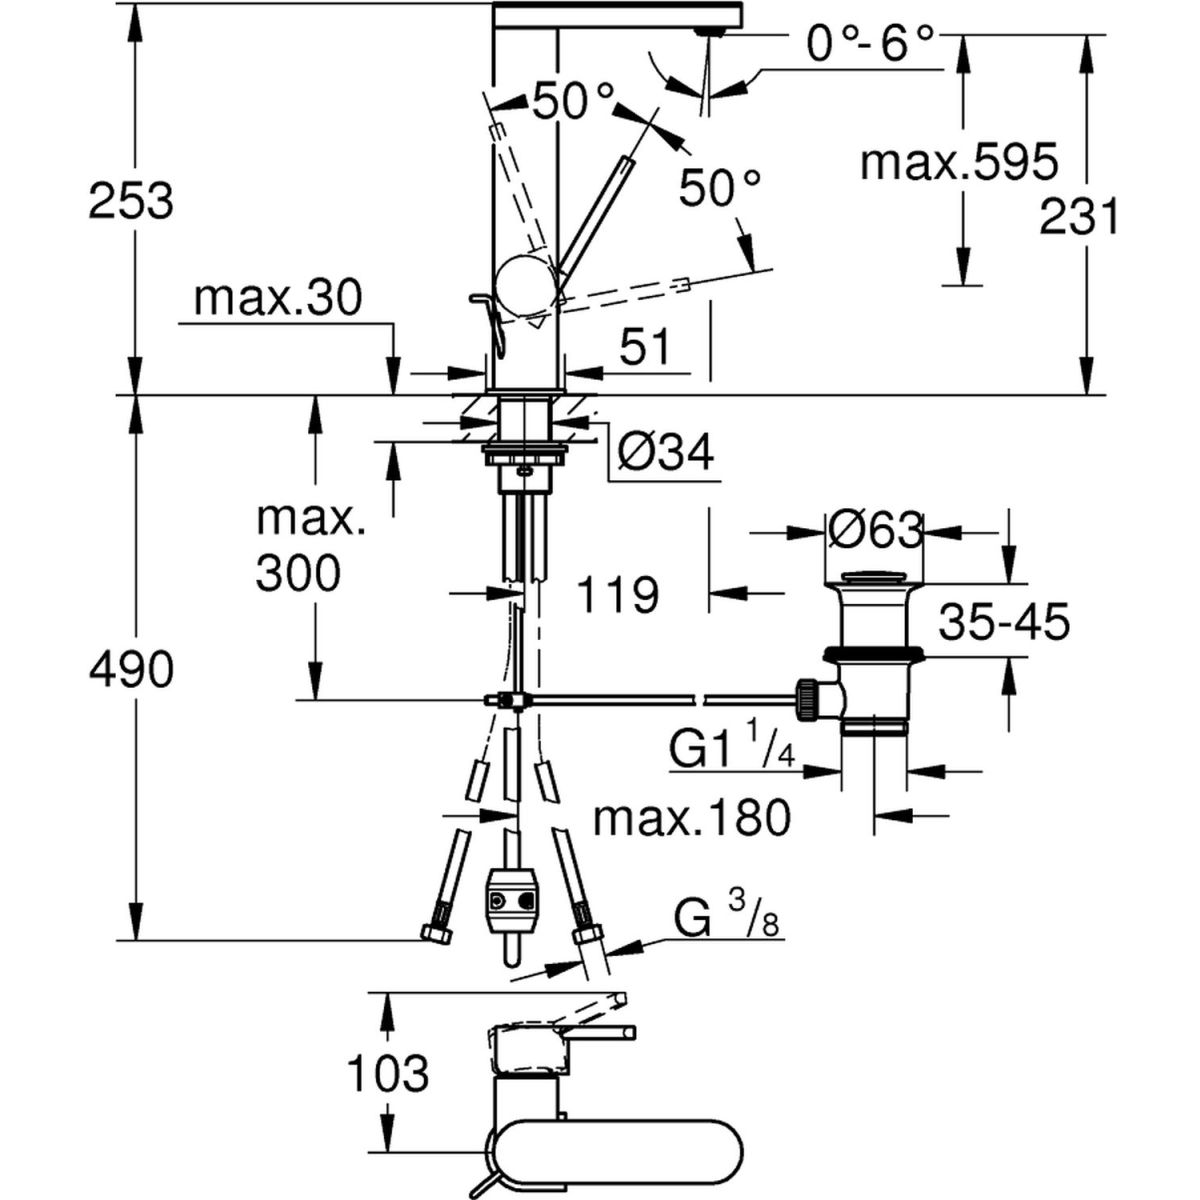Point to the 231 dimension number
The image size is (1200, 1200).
[1079, 216]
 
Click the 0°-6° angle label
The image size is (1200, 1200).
[869, 46]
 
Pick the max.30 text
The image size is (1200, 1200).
[277, 298]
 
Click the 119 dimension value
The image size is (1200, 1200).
[617, 595]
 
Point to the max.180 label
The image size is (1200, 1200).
[691, 818]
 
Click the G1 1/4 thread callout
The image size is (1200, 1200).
[731, 750]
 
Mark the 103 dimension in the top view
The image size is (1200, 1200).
[388, 1074]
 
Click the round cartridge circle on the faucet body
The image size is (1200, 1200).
[526, 284]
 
